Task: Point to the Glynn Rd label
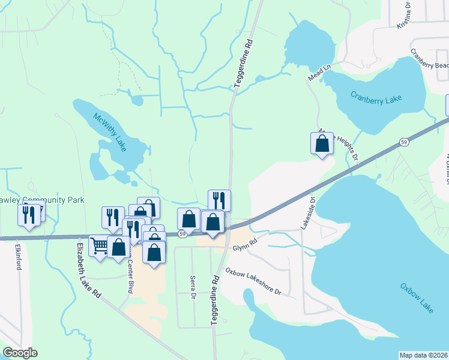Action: (245, 242)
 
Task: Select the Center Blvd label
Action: (130, 277)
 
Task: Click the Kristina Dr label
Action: (404, 14)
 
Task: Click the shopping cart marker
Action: (99, 245)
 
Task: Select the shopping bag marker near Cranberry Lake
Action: (322, 144)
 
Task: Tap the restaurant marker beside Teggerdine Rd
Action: (219, 200)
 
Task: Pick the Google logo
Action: (20, 353)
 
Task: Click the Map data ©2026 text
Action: (423, 355)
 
